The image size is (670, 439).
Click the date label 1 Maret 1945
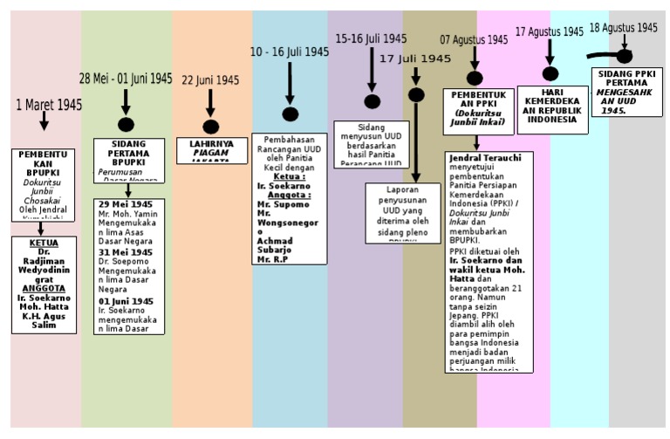[49, 106]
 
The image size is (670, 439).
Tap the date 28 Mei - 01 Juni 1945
[126, 79]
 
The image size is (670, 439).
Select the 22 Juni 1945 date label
[209, 80]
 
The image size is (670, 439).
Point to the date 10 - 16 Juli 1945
[290, 52]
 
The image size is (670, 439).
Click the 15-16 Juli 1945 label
[371, 39]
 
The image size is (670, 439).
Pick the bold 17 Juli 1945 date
[415, 58]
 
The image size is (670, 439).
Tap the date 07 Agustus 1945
[474, 40]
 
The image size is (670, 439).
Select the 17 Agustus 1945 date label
[549, 31]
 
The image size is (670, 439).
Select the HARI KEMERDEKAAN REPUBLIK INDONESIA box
[552, 109]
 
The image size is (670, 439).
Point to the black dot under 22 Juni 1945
[210, 127]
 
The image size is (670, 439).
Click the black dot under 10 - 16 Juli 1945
[291, 114]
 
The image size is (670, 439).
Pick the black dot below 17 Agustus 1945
[550, 74]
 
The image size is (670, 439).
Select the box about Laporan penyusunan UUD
[402, 212]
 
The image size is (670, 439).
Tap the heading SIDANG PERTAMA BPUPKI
[129, 153]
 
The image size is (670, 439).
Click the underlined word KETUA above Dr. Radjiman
[44, 243]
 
